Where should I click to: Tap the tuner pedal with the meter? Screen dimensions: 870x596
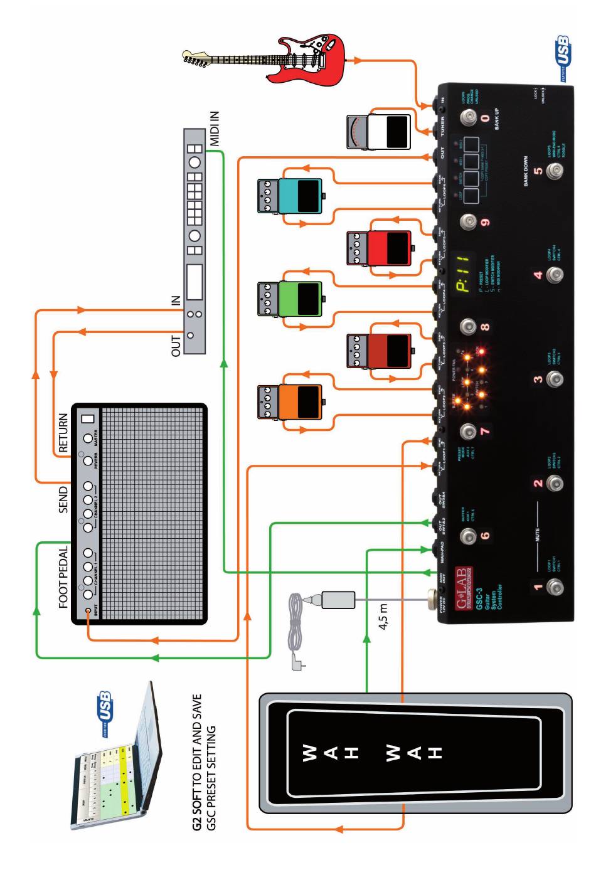[379, 132]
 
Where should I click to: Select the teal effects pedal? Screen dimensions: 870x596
[289, 195]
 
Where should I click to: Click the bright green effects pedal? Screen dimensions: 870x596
[289, 299]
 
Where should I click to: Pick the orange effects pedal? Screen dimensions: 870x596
[289, 402]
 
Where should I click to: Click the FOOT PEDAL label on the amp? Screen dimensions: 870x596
[63, 571]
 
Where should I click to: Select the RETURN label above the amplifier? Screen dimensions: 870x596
[63, 433]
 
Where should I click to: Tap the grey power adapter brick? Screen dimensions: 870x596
[338, 599]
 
